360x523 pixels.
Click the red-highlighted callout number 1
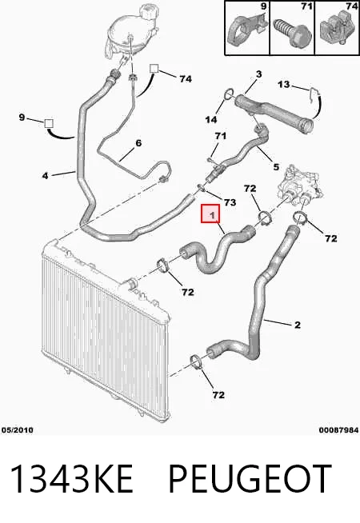(x=213, y=215)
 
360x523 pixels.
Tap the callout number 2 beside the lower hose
(x=298, y=325)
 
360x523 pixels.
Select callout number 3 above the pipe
(x=259, y=74)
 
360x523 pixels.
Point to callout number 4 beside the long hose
(x=46, y=175)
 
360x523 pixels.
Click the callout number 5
(x=276, y=166)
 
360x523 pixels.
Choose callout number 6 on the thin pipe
(x=138, y=143)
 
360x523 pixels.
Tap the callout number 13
(x=284, y=85)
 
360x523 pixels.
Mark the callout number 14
(x=211, y=119)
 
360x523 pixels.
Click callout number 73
(x=230, y=202)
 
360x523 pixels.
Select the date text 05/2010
(x=18, y=430)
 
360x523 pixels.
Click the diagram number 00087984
(x=338, y=430)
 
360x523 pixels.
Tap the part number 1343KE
(x=72, y=479)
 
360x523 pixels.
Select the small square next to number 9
(x=49, y=122)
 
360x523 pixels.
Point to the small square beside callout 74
(x=154, y=69)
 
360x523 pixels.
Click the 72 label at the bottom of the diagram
(x=218, y=395)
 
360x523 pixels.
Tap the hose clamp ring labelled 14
(x=229, y=94)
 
